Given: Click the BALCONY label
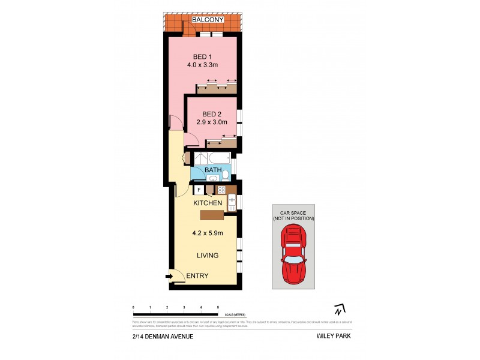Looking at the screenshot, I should (208, 20).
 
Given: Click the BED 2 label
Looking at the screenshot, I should (212, 114).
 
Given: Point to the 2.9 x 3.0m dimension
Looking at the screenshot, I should (212, 123).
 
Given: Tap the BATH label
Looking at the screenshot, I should (213, 170).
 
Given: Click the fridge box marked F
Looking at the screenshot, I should (199, 190).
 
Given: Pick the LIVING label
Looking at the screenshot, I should (208, 256).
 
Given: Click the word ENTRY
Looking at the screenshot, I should (197, 276).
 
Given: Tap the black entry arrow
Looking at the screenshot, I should (169, 276).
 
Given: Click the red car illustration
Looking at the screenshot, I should (293, 256).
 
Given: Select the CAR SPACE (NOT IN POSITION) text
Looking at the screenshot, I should (293, 216).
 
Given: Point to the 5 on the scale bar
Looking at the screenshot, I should (218, 307).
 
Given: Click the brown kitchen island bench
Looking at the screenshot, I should (212, 214).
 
